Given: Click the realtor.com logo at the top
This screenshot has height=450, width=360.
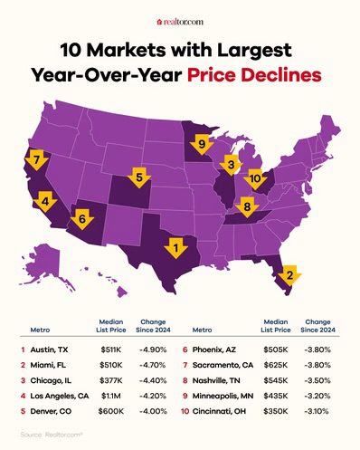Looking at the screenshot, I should pyautogui.click(x=180, y=18).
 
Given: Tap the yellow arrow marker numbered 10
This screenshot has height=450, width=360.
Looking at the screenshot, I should pyautogui.click(x=255, y=179).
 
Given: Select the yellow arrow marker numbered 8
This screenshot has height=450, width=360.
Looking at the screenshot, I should pyautogui.click(x=247, y=210).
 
